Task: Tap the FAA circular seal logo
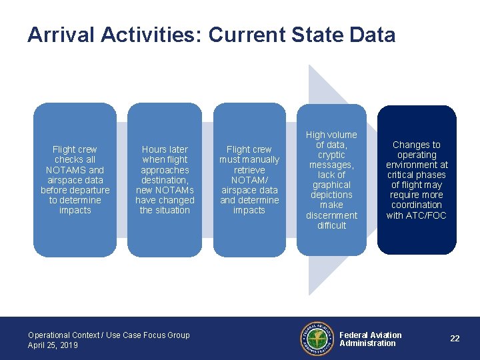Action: pos(317,339)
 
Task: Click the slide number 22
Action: pos(455,339)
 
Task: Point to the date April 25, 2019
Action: pos(53,345)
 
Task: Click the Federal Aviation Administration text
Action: pos(371,339)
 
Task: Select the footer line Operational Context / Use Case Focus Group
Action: pos(109,335)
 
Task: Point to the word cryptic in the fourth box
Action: pos(331,155)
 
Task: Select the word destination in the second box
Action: pos(165,180)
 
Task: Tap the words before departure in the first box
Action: pos(75,190)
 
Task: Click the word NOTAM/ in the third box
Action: pos(249,180)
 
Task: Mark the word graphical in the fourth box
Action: pos(331,185)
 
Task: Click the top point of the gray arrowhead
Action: pos(309,65)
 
